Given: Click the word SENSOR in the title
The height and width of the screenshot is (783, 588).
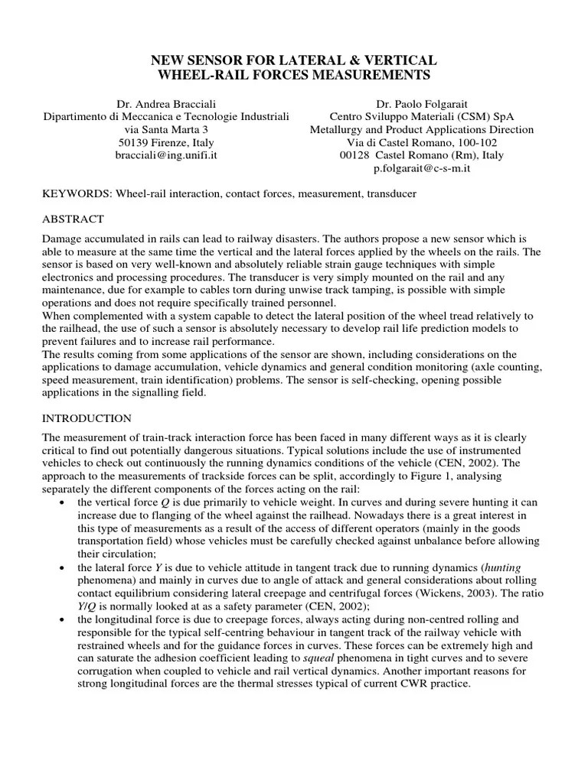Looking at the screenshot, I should tap(217, 60).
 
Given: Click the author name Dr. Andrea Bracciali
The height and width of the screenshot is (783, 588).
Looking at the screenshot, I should tap(166, 103).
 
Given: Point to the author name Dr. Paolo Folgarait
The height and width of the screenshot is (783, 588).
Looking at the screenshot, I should tap(421, 103).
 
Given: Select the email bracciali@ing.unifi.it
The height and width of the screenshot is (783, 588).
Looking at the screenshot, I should tap(166, 155).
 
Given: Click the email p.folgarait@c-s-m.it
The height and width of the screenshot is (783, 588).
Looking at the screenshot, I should tap(421, 168).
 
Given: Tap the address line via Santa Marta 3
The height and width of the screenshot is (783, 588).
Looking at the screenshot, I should tap(166, 129).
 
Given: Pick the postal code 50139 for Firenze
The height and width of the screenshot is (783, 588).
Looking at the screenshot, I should tap(135, 142).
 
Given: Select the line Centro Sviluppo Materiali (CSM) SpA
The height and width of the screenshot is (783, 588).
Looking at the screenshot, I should tap(421, 116).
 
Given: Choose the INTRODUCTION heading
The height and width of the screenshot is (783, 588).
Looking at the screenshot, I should tap(87, 418).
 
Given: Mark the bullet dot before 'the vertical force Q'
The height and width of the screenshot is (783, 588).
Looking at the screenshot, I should tap(61, 503).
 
